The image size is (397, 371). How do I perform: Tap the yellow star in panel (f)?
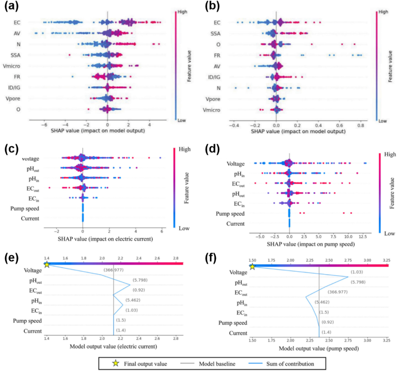click(x=252, y=266)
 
